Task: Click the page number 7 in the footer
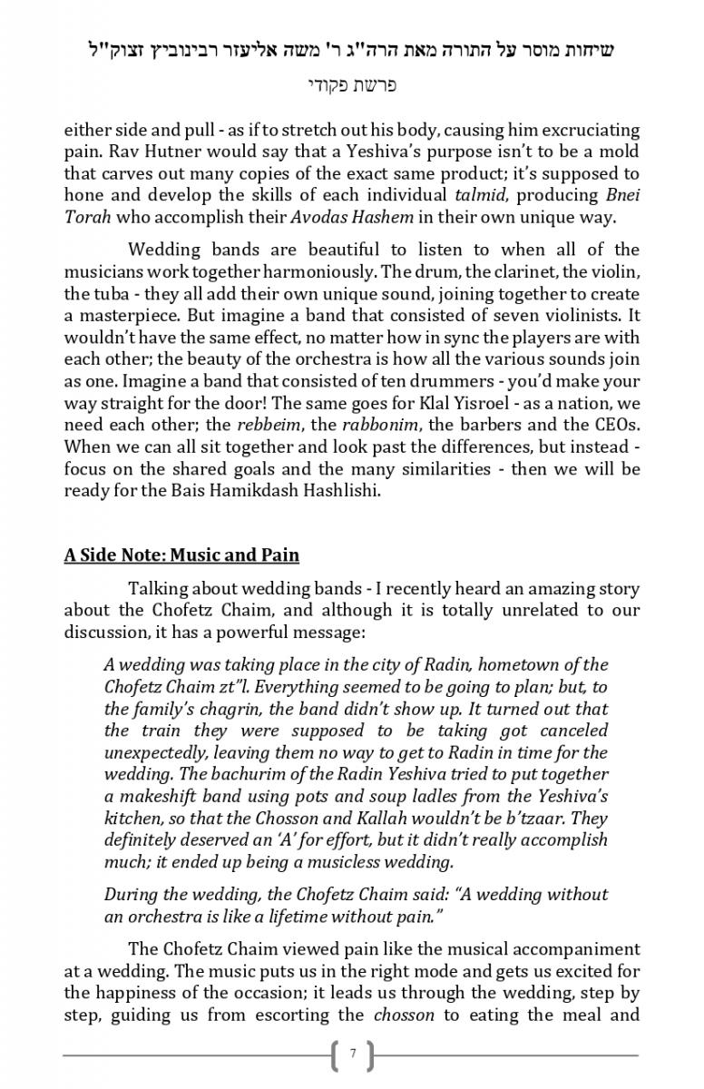coord(353,1055)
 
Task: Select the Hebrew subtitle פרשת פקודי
coord(352,86)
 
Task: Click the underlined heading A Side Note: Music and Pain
coord(181,554)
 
